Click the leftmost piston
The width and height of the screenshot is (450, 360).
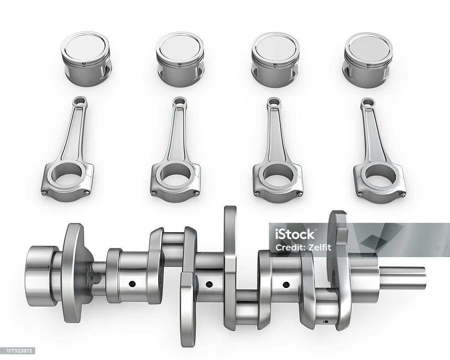tap(86, 59)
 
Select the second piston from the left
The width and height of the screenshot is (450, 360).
tap(180, 59)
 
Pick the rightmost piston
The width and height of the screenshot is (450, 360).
tap(368, 60)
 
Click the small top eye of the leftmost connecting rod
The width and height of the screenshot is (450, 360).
tap(80, 101)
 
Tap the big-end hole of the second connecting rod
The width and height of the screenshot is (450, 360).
tap(176, 176)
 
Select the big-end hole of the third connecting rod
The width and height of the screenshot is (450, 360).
tap(278, 176)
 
